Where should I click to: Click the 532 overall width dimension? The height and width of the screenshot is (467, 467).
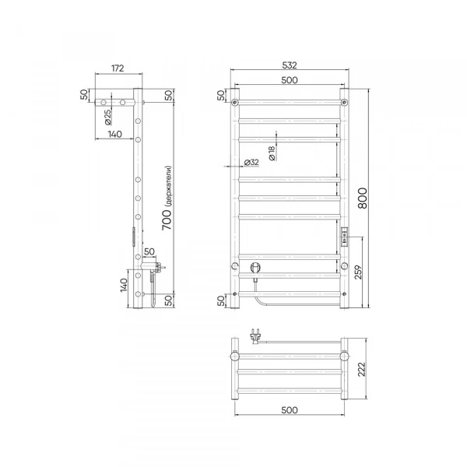tap(290, 65)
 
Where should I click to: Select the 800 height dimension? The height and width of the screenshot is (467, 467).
tap(363, 198)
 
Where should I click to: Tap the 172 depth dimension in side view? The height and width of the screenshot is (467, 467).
tap(118, 68)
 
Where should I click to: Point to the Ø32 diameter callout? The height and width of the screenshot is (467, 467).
tap(251, 163)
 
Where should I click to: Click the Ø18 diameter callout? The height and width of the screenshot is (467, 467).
tap(272, 153)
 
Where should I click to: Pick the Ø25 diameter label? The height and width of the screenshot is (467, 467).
tap(108, 117)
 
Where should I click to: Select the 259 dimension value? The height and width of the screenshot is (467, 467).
tap(359, 272)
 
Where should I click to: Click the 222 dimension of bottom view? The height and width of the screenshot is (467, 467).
tap(362, 369)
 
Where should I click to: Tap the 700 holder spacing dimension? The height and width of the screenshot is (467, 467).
tap(167, 219)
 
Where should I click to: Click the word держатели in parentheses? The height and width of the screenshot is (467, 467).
tap(169, 186)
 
